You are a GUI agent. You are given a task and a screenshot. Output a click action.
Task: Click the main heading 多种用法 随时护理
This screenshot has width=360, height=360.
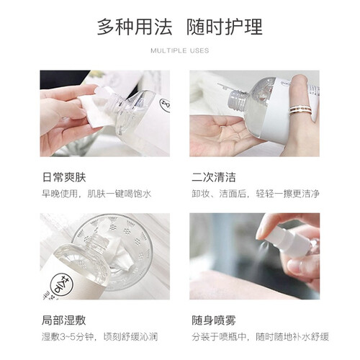(x=179, y=27)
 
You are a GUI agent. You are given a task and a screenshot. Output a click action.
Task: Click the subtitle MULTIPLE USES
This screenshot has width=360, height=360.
(x=180, y=50)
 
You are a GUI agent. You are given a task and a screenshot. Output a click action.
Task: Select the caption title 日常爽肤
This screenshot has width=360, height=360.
(x=64, y=177)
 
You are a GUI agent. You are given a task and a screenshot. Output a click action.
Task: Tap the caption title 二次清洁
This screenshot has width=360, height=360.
(x=213, y=177)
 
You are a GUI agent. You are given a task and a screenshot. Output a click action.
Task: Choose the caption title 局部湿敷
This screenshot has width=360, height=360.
(x=63, y=320)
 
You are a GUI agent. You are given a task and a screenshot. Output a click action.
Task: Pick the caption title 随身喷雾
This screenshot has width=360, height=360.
(x=214, y=320)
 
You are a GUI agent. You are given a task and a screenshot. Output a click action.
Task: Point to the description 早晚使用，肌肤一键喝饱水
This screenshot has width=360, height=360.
(x=96, y=194)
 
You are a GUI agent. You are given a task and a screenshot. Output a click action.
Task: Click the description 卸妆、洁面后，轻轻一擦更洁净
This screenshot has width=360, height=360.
(x=256, y=194)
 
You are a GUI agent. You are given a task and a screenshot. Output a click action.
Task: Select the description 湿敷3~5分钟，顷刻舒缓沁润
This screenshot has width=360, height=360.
(x=99, y=337)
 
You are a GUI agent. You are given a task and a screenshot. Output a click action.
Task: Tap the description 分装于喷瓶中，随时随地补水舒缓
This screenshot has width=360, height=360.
(x=260, y=337)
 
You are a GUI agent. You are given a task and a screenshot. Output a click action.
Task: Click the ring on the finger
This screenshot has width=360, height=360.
(x=300, y=109)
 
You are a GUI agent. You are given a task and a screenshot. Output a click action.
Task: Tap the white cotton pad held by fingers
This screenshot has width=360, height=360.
(x=96, y=107)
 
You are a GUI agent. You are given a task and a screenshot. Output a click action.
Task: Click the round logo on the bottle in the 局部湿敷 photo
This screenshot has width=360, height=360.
(x=62, y=285)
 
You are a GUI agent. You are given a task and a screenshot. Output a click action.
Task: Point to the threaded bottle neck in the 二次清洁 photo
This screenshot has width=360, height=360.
(x=236, y=99)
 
